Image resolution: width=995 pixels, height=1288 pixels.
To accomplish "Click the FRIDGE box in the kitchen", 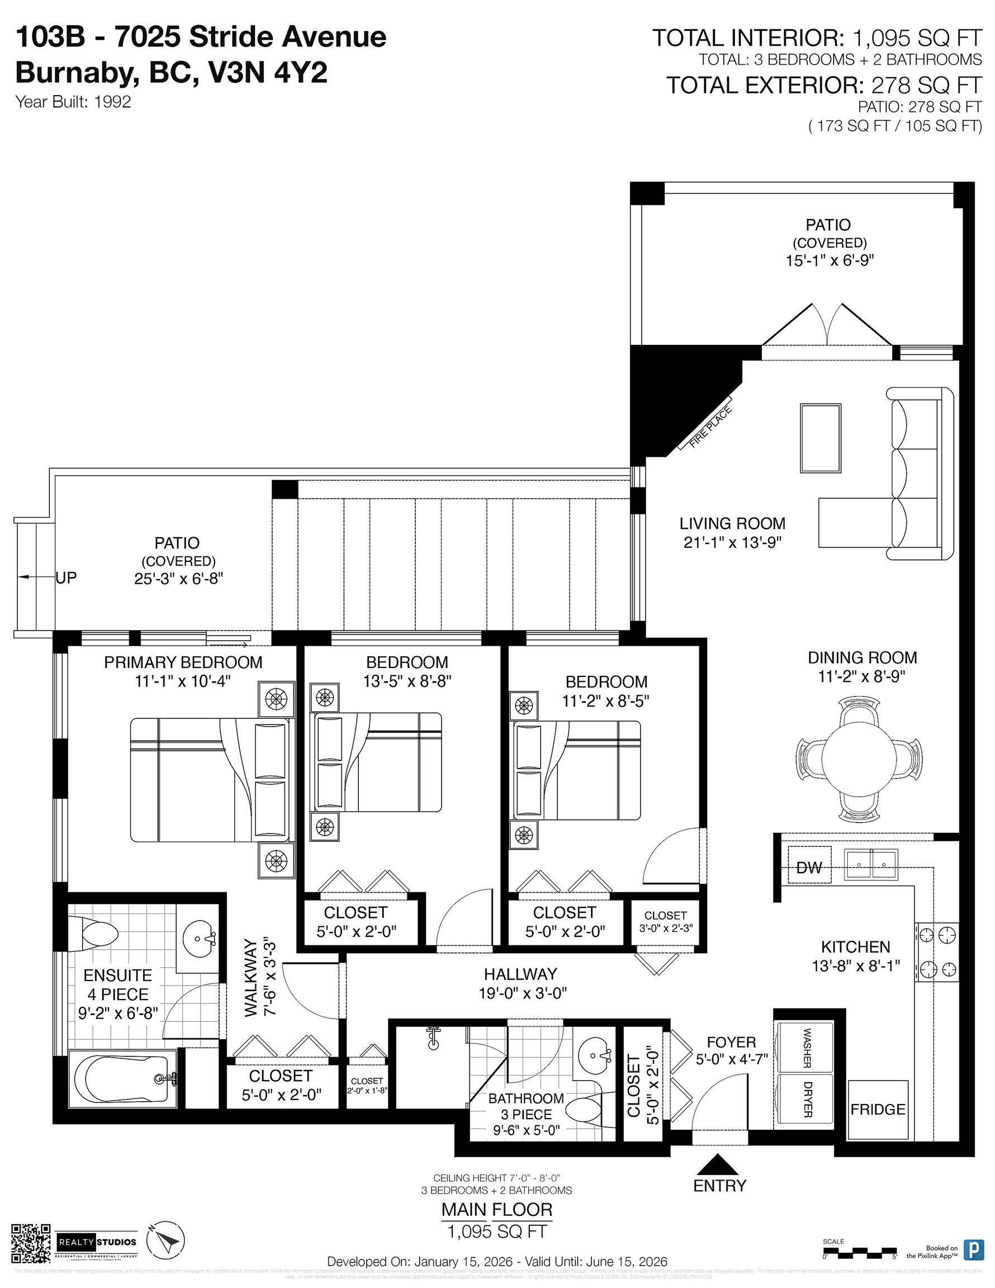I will tap(878, 1109).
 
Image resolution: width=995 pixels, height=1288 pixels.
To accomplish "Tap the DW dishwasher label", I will tap(809, 868).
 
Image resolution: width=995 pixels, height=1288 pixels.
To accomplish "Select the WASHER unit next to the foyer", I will tap(806, 1048).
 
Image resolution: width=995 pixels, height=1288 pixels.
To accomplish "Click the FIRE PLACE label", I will tap(710, 428).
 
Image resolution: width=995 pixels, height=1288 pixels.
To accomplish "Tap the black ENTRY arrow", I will tap(718, 1165).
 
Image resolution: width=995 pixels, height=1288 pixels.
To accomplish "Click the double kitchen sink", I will tap(871, 865).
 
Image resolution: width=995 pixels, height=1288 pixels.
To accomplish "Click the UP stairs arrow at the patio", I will tap(30, 577).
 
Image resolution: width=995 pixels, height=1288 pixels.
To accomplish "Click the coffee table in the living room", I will tap(821, 438).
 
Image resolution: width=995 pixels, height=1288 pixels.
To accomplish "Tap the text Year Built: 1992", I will tap(73, 102).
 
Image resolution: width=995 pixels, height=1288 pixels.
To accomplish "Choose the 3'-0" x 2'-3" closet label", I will tap(665, 921).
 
